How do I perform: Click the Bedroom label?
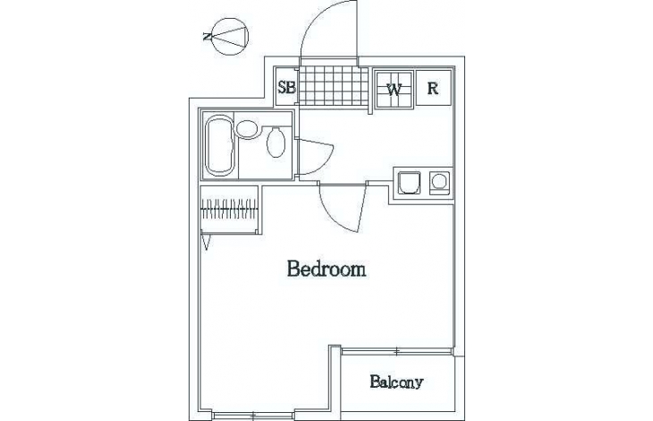(x=326, y=270)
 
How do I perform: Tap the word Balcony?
(x=396, y=382)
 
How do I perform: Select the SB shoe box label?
(x=287, y=88)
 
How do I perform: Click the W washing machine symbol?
(x=394, y=90)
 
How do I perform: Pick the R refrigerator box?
(x=434, y=88)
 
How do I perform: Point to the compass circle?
(x=230, y=36)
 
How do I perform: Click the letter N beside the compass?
(x=207, y=37)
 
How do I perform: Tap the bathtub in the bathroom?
(x=219, y=145)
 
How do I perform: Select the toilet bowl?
(x=276, y=142)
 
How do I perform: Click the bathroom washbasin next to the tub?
(x=246, y=129)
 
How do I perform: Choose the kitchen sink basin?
(x=409, y=182)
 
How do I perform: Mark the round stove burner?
(x=439, y=182)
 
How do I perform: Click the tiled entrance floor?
(x=334, y=86)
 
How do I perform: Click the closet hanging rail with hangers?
(x=228, y=208)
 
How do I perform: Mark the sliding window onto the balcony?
(x=396, y=352)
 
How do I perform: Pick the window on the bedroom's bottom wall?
(x=253, y=415)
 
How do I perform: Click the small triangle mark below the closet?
(x=206, y=242)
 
